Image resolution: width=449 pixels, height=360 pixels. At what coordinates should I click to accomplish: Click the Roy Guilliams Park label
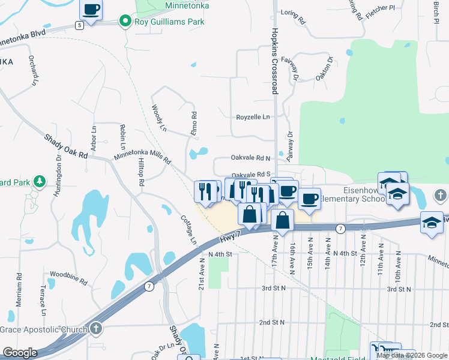(169, 22)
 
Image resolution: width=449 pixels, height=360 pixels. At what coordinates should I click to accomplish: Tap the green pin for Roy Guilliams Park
(125, 22)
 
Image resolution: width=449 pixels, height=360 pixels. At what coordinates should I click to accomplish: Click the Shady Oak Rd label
(66, 146)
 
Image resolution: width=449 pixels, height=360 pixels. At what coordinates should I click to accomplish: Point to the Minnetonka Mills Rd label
(142, 158)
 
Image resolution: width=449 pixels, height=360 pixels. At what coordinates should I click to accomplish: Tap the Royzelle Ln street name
(253, 117)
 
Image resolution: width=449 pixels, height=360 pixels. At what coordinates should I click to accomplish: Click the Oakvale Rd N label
(251, 158)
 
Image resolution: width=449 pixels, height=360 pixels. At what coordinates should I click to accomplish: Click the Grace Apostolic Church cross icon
(96, 329)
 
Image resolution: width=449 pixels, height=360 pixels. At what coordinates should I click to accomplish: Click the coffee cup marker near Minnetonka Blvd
(91, 10)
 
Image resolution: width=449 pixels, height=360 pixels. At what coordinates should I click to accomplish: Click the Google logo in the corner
(20, 353)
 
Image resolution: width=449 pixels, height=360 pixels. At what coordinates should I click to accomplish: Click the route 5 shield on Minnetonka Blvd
(79, 25)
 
